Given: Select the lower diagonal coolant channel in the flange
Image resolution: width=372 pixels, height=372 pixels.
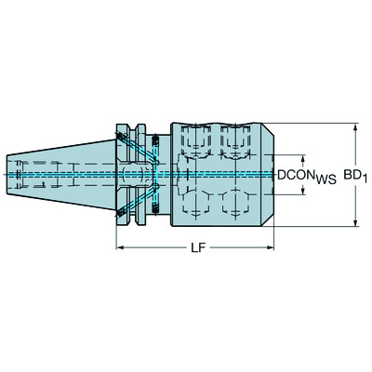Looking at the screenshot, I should point(137,200).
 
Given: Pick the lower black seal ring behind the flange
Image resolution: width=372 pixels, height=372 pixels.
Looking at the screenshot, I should point(156,207).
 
